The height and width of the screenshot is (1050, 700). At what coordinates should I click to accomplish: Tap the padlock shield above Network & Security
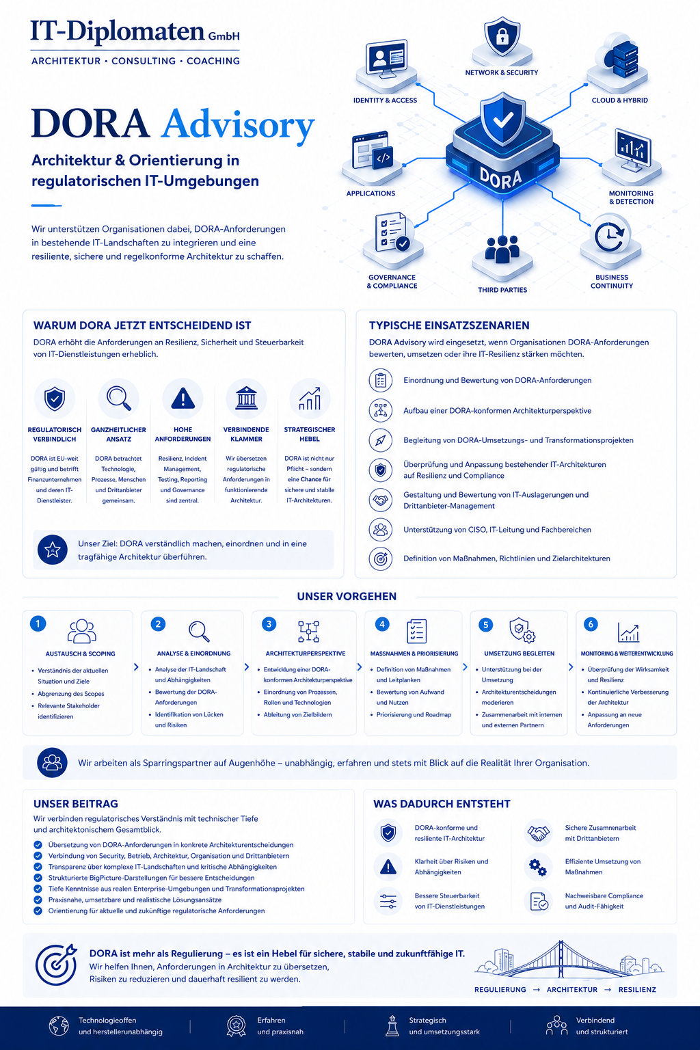[x=502, y=36]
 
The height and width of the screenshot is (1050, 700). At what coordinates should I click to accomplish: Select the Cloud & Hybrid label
[x=619, y=100]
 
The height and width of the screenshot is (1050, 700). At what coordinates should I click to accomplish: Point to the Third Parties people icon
[x=502, y=249]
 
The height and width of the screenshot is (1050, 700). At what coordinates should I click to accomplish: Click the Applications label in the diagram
[x=371, y=193]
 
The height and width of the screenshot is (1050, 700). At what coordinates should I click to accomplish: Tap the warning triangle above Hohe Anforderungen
[x=183, y=399]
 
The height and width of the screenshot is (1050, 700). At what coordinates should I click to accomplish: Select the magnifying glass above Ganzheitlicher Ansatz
[x=119, y=399]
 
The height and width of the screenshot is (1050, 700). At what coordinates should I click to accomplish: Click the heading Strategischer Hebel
[x=310, y=435]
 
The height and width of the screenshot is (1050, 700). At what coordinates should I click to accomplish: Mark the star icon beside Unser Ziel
[x=52, y=550]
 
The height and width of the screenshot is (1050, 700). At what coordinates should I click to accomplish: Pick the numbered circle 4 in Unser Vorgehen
[x=382, y=624]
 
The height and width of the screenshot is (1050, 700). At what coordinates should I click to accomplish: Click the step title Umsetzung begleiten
[x=519, y=654]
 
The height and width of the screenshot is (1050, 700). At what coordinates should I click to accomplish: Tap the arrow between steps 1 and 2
[x=136, y=667]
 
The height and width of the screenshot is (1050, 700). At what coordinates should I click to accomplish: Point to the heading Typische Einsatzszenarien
[x=448, y=325]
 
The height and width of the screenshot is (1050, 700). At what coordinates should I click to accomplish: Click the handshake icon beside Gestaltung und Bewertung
[x=380, y=500]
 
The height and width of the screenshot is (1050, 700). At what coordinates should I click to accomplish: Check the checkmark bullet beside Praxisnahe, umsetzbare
[x=38, y=900]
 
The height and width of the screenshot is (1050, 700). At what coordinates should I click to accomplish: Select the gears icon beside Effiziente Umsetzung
[x=538, y=867]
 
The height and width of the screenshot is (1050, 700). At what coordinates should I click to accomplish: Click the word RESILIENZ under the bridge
[x=637, y=990]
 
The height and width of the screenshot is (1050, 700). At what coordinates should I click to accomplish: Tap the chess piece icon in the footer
[x=392, y=1025]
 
